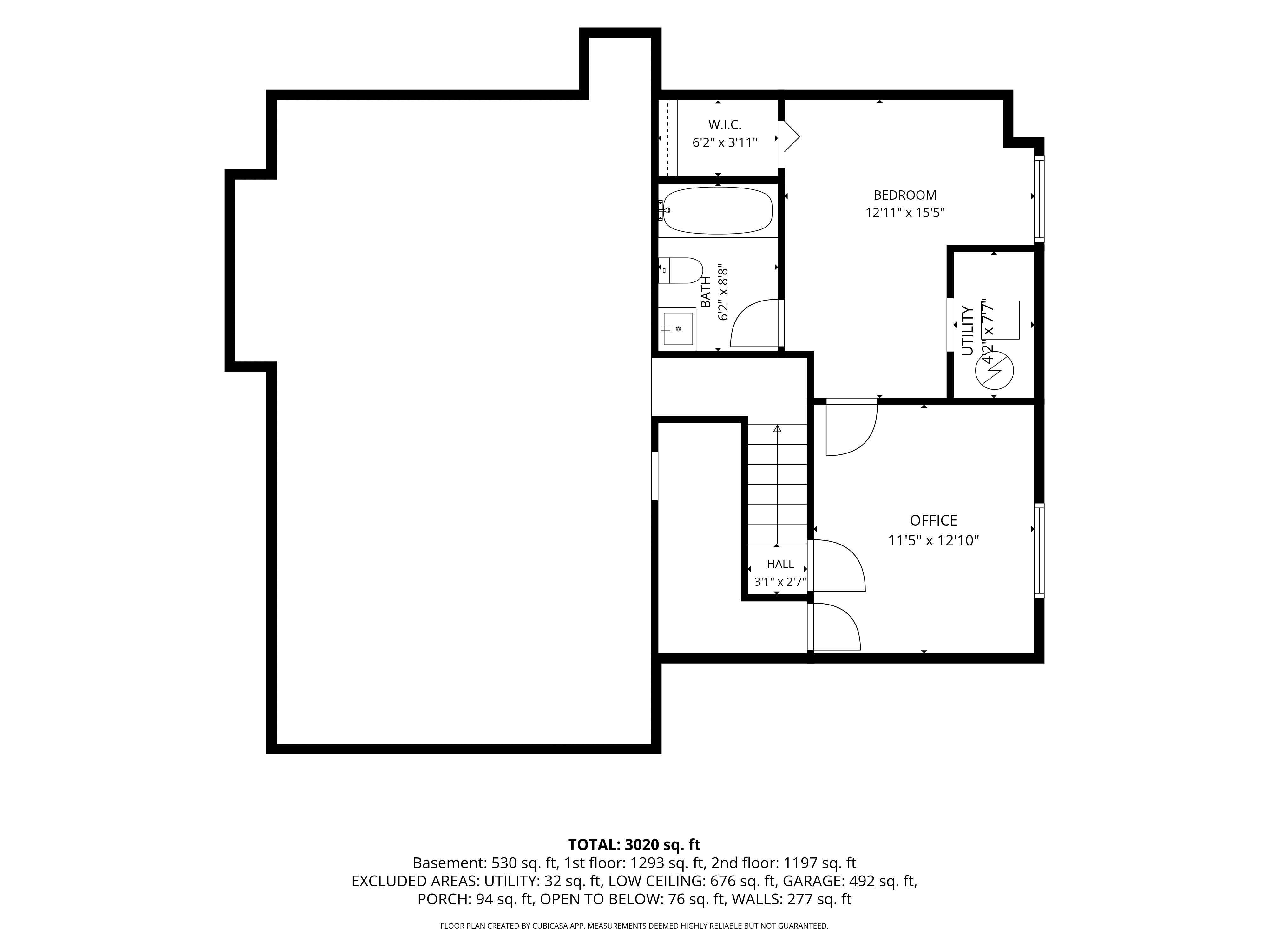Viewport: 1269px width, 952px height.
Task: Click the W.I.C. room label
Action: tap(725, 124)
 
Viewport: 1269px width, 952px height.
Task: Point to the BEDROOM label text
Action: tap(905, 195)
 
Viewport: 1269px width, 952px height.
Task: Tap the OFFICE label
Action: tap(933, 520)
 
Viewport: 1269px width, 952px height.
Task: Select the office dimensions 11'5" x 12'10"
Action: tap(933, 540)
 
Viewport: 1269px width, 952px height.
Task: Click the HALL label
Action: tap(780, 564)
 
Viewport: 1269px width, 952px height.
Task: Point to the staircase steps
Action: tap(777, 484)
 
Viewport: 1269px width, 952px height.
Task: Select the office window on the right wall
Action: tap(1039, 551)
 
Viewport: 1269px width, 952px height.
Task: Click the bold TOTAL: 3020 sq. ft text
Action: tap(634, 845)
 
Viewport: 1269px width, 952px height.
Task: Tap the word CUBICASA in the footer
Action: tap(549, 926)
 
